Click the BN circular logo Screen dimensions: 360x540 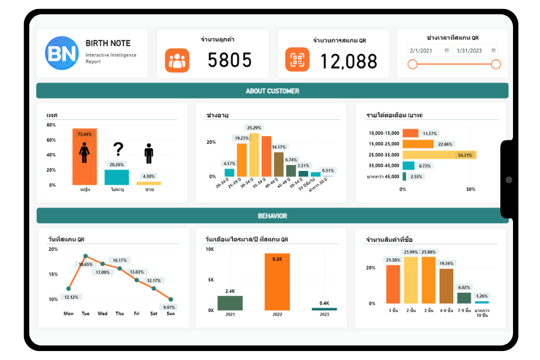tap(62, 53)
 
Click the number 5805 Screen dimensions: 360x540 tap(230, 60)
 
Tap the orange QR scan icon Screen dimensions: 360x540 tap(297, 60)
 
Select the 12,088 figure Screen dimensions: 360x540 tap(349, 61)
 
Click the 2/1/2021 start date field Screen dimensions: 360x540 tap(428, 51)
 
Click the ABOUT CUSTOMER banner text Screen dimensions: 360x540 tap(272, 91)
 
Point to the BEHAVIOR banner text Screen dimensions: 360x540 tap(272, 216)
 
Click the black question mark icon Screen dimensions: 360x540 tap(118, 149)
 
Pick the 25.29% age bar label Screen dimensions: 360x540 tap(254, 128)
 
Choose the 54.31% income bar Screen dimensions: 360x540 tap(439, 155)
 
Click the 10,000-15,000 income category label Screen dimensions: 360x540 tap(383, 133)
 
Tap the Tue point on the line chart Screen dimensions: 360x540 tap(85, 256)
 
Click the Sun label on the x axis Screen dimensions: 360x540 tap(170, 313)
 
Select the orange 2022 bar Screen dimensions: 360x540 tap(277, 282)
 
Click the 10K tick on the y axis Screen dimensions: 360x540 tap(209, 249)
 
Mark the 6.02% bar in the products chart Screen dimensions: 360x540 tap(464, 298)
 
